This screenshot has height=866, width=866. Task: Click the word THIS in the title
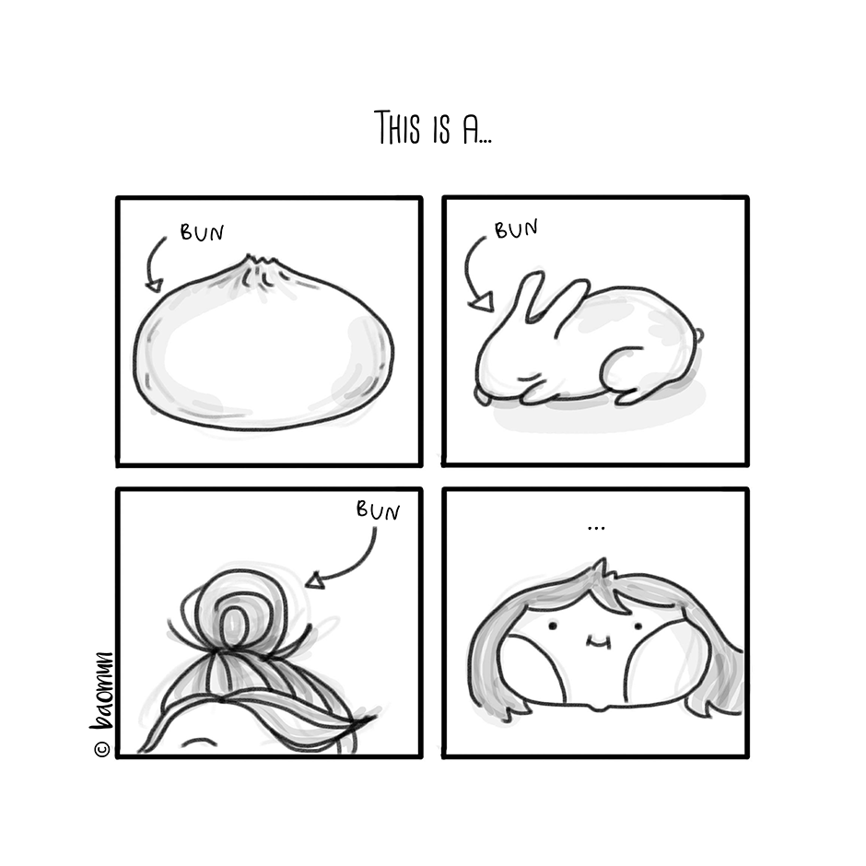(397, 127)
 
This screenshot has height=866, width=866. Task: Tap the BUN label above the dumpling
(202, 232)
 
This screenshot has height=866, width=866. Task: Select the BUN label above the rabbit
(516, 228)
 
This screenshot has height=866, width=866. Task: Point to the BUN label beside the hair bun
(378, 511)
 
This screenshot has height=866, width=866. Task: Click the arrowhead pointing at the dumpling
(155, 286)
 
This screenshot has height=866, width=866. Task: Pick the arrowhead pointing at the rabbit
(482, 303)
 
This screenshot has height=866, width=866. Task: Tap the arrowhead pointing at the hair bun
(315, 580)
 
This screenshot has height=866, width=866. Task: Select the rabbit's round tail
(698, 334)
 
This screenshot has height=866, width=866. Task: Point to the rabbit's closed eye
(530, 377)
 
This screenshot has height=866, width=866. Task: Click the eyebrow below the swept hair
(199, 742)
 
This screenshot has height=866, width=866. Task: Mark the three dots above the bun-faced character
(596, 529)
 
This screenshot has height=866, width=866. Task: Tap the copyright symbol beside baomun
(102, 749)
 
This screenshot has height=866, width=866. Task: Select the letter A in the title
(471, 130)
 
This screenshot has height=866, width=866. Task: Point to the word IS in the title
(441, 130)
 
